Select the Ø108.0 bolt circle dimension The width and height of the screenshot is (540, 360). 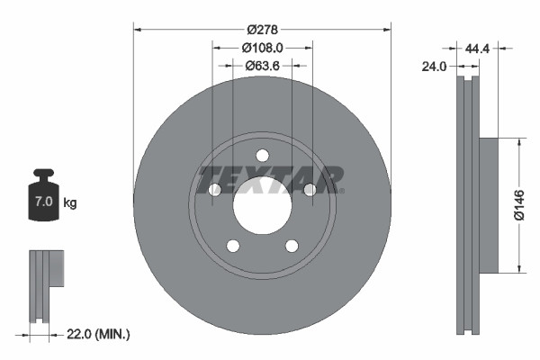tap(262, 48)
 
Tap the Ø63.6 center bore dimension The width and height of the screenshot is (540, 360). tap(262, 65)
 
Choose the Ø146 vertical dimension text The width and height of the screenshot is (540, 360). tap(519, 204)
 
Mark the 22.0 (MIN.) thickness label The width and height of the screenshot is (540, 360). tap(100, 334)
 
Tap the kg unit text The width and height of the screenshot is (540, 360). tap(70, 202)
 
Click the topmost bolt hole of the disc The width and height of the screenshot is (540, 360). tap(262, 154)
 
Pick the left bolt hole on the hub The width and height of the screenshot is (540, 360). tap(215, 189)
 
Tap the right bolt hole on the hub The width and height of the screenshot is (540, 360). tap(309, 189)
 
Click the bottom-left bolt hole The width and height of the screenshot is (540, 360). tap(232, 246)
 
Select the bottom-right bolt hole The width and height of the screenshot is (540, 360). tap(292, 246)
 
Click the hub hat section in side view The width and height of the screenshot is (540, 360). tap(486, 205)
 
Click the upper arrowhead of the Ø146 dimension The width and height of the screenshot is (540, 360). tap(519, 142)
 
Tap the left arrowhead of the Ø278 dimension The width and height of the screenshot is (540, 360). tap(138, 29)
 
